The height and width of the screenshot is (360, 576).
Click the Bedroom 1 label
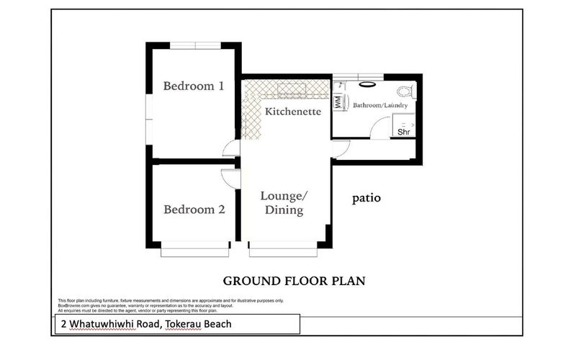pyautogui.click(x=194, y=86)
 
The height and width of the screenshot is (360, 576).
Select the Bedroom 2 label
pyautogui.click(x=194, y=210)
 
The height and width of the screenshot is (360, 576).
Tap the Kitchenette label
pyautogui.click(x=292, y=112)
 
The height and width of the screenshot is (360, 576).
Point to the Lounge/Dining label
pyautogui.click(x=283, y=203)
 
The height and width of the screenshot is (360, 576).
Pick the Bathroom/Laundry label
pyautogui.click(x=380, y=106)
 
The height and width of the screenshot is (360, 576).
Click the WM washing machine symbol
pyautogui.click(x=337, y=102)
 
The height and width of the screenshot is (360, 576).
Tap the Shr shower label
pyautogui.click(x=405, y=132)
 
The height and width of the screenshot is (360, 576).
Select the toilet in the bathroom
pyautogui.click(x=407, y=91)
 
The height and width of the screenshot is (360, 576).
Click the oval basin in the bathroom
pyautogui.click(x=366, y=84)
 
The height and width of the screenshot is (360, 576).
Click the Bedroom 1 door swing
pyautogui.click(x=232, y=148)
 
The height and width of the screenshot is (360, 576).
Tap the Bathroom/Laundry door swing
pyautogui.click(x=379, y=130)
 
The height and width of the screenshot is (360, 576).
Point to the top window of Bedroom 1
pyautogui.click(x=194, y=45)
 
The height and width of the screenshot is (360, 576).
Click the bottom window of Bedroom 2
pyautogui.click(x=194, y=251)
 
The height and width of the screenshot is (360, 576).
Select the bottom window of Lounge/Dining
pyautogui.click(x=283, y=251)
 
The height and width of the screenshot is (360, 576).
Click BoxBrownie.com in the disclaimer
pyautogui.click(x=73, y=305)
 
